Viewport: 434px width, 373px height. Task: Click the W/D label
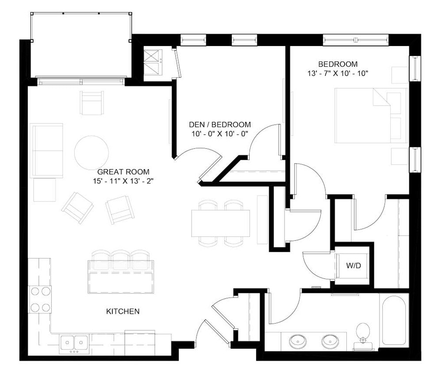352,266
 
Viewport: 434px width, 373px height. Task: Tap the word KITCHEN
123,312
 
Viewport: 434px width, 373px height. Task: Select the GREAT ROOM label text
123,171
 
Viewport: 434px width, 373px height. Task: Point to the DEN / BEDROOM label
219,125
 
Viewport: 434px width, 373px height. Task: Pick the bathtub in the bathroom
394,320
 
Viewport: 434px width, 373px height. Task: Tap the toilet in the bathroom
363,332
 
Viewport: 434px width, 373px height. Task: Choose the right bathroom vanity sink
330,341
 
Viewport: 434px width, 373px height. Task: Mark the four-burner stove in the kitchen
40,299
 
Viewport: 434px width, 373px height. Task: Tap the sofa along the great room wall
46,150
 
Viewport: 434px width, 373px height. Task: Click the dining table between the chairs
220,223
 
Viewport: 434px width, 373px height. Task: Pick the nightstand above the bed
399,75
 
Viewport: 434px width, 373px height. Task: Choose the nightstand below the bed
399,156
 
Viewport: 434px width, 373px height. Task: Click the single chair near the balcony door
92,103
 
